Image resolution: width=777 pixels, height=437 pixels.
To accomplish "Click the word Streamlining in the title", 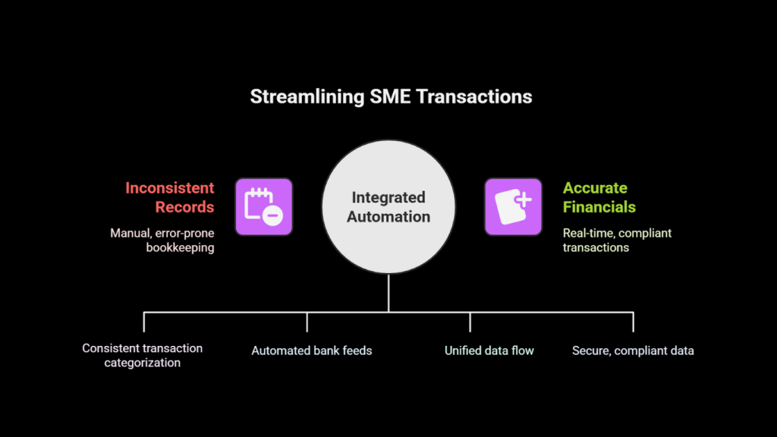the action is (307, 97).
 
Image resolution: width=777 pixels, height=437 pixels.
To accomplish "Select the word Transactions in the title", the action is (474, 96).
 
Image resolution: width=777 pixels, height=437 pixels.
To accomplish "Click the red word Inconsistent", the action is (170, 188).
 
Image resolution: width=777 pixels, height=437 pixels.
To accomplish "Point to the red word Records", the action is (185, 206).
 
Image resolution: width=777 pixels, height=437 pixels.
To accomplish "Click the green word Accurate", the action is (595, 188).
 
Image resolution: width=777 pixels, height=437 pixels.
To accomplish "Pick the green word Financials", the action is (599, 206).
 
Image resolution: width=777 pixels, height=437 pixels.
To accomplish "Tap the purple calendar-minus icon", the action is (263, 206).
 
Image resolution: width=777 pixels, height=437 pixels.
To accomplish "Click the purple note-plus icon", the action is (513, 206).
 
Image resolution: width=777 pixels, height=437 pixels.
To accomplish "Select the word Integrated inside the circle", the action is (388, 197).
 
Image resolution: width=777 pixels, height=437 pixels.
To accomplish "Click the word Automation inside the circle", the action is (388, 216).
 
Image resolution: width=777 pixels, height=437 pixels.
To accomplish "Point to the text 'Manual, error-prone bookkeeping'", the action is (162, 241).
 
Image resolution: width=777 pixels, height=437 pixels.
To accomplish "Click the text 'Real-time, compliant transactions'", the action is (617, 241).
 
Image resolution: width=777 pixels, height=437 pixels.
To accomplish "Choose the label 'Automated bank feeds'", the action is (312, 351).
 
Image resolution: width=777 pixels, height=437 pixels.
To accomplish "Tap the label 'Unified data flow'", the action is (489, 351).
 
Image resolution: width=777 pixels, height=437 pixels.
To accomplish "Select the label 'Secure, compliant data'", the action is (633, 351).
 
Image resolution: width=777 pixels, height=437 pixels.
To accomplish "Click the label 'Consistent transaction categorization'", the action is (142, 355).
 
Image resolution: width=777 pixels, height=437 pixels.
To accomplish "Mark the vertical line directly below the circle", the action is (388, 293).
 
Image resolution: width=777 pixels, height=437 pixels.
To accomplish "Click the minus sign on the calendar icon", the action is (272, 215).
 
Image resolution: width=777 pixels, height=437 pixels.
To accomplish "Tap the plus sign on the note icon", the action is (523, 200).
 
